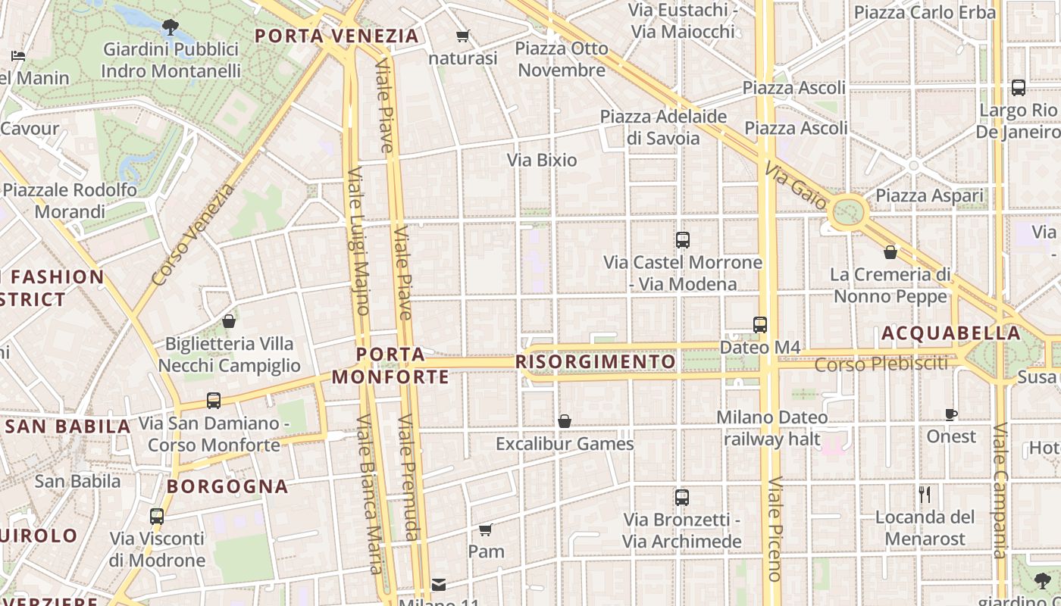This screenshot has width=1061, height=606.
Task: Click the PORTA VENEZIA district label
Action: click(336, 36)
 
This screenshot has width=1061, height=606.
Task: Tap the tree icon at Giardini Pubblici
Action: click(171, 28)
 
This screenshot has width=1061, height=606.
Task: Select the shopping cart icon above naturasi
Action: click(462, 36)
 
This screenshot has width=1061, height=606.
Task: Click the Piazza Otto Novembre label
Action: click(562, 59)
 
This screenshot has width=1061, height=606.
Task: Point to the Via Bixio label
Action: click(542, 160)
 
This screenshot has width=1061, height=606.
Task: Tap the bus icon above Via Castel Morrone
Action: click(682, 240)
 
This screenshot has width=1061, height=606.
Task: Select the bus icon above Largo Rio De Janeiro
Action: click(1018, 87)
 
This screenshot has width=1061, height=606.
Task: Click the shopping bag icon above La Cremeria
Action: click(890, 251)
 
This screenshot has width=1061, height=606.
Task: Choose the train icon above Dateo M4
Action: click(760, 324)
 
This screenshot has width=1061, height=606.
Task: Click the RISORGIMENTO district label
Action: click(595, 362)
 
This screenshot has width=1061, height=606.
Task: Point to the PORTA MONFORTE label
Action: click(390, 365)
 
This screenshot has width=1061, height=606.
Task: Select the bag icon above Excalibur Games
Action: click(564, 421)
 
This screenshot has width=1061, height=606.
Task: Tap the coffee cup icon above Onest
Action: click(951, 414)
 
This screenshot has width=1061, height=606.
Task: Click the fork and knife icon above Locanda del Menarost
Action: click(925, 495)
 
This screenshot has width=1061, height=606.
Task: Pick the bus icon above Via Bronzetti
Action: click(681, 498)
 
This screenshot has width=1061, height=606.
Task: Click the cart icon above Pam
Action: click(486, 529)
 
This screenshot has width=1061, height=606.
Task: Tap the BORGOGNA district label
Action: click(227, 486)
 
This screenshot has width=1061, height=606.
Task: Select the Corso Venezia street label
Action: click(193, 235)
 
